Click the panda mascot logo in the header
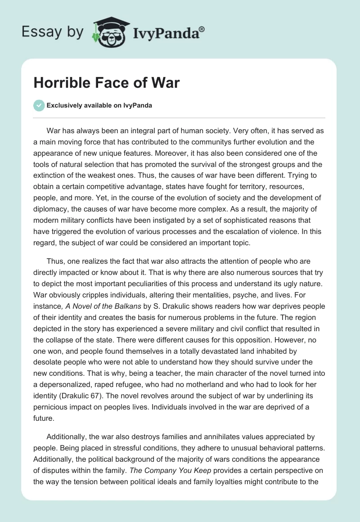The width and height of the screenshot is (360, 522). (110, 32)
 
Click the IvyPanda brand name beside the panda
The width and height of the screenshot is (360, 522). (166, 33)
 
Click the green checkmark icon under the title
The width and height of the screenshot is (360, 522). (39, 105)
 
